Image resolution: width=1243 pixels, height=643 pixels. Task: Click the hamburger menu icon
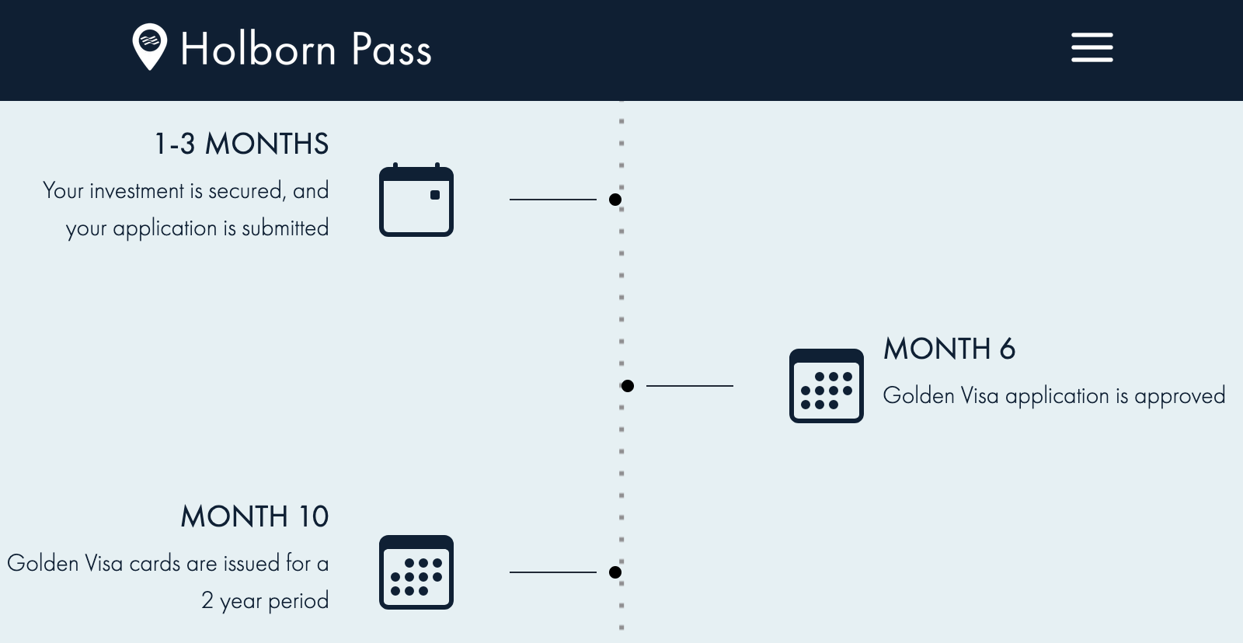pos(1092,47)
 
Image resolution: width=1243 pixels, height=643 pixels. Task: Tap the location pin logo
pos(149,46)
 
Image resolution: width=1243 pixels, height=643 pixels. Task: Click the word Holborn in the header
pos(258,50)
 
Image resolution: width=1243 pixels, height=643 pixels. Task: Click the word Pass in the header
pos(391,50)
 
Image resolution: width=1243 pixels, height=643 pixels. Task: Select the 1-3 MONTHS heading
pos(242,144)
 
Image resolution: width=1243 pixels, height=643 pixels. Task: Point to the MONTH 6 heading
pos(949,349)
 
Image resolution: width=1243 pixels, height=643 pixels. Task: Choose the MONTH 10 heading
pos(255,517)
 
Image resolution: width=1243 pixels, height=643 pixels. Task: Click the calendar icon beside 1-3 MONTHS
pos(416,200)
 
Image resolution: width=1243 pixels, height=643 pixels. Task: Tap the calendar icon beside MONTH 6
pos(826,386)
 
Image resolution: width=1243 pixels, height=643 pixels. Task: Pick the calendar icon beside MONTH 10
pos(416,572)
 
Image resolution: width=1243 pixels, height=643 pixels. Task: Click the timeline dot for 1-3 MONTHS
pos(615,200)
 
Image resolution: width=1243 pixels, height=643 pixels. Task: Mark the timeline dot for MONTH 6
pos(628,386)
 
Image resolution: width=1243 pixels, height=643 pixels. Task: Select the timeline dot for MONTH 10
pos(615,572)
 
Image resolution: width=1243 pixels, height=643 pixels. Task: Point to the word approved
pos(1179,396)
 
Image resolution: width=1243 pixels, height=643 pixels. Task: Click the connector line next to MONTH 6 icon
pos(689,386)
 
